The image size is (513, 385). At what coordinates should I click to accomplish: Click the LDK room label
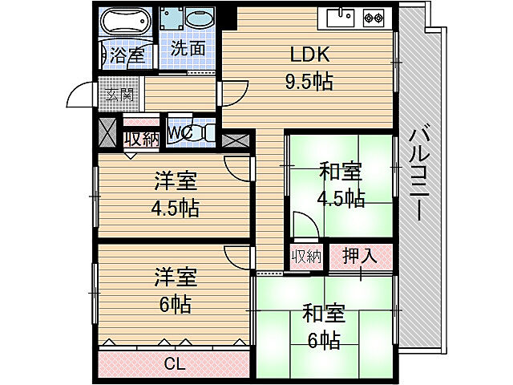309,55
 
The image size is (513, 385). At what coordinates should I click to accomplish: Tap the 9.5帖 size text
309,80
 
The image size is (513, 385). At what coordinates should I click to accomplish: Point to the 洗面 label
188,49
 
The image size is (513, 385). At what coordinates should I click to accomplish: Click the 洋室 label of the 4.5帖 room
176,182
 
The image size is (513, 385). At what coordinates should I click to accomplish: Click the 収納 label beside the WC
141,138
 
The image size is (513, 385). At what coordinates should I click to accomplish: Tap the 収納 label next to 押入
306,257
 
